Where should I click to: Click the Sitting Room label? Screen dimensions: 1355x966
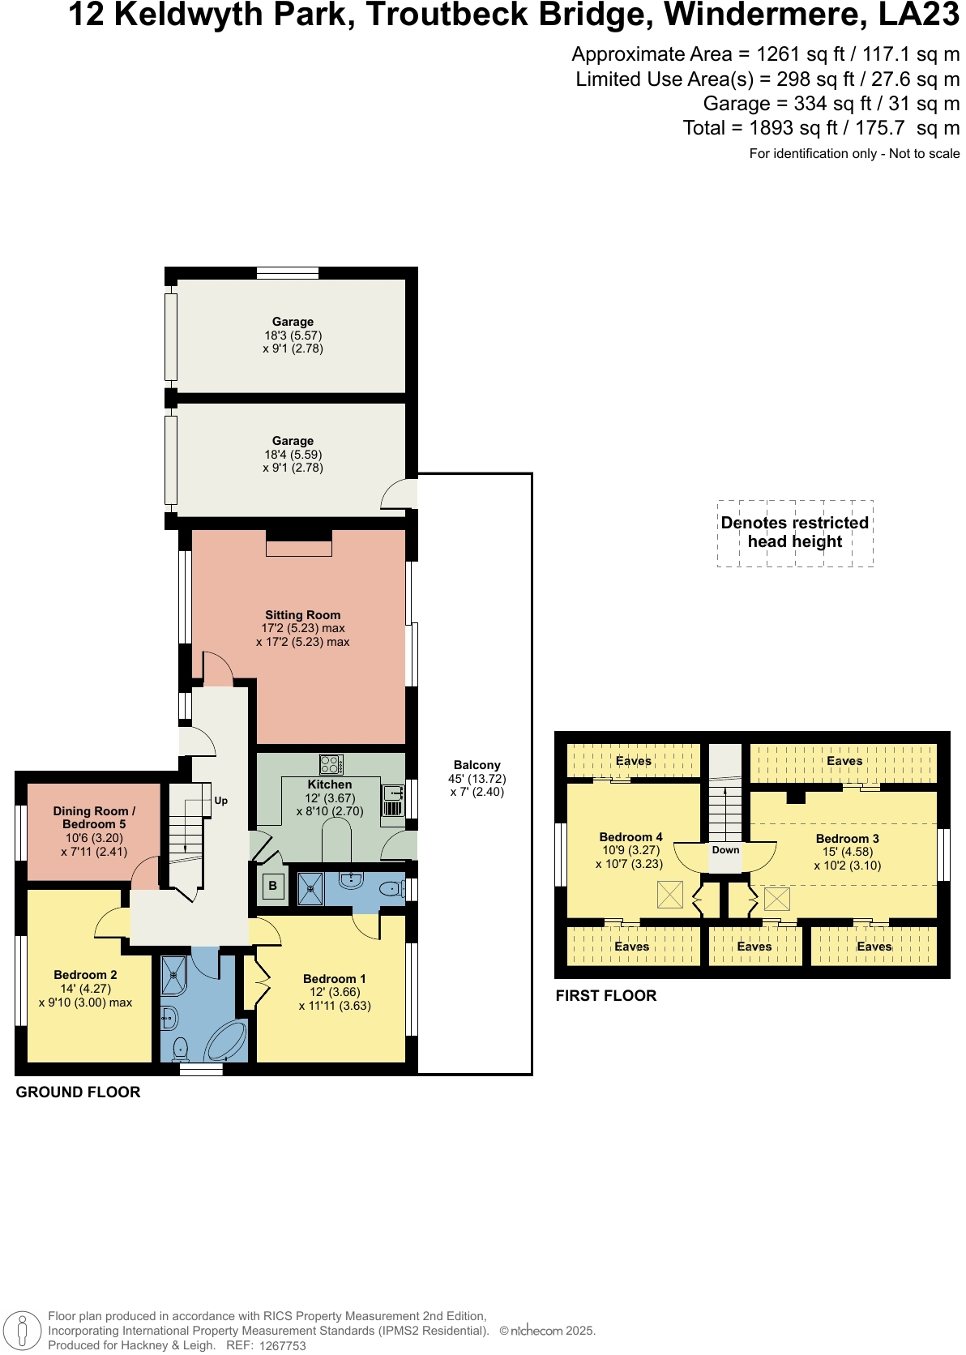click(302, 615)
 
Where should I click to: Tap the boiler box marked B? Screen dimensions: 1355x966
click(272, 886)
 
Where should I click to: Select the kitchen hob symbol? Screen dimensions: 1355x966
click(331, 764)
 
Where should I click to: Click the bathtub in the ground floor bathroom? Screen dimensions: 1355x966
click(226, 1041)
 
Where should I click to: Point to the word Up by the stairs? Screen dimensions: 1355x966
click(220, 801)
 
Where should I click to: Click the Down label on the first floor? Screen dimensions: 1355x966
click(725, 850)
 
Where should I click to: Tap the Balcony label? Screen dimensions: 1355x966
click(477, 765)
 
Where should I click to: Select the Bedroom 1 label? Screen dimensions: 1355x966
click(334, 979)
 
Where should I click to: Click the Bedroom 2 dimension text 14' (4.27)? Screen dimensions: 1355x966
click(85, 989)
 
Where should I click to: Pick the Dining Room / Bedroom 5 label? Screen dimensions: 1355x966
click(94, 817)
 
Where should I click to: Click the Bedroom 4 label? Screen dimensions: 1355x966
click(630, 837)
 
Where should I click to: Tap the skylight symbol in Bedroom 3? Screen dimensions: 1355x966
click(776, 899)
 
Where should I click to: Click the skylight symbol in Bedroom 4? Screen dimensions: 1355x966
click(669, 895)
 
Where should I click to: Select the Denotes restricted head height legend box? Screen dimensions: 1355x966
click(795, 532)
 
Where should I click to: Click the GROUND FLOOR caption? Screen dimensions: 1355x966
click(78, 1092)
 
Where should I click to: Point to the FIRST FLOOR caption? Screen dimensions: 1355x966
click(605, 996)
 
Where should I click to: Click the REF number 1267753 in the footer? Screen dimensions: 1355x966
click(282, 1346)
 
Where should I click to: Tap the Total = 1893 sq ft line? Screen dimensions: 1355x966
click(821, 128)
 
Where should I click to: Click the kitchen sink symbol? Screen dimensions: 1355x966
click(393, 793)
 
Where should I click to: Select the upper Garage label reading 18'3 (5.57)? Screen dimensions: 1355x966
click(293, 335)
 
